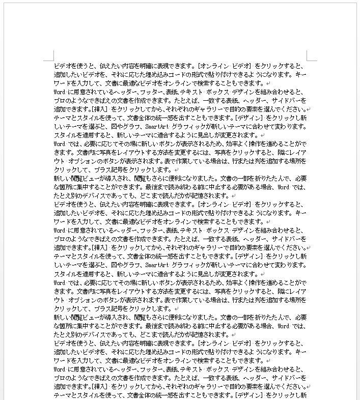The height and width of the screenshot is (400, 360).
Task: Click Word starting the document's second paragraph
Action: pyautogui.click(x=59, y=92)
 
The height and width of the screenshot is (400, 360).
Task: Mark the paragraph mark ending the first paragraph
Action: pyautogui.click(x=268, y=83)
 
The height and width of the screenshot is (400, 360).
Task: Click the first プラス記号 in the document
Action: pyautogui.click(x=111, y=169)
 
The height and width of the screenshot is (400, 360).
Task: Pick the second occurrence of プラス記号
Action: pyautogui.click(x=111, y=309)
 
